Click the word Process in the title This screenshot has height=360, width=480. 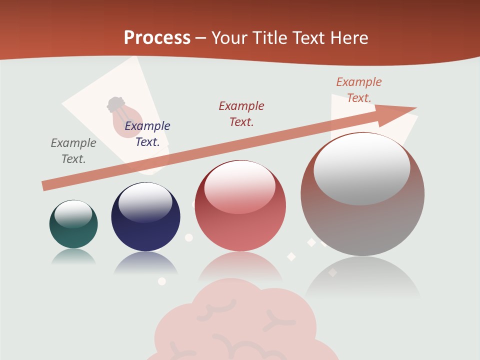pyautogui.click(x=157, y=37)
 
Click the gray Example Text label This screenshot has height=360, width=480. pyautogui.click(x=73, y=151)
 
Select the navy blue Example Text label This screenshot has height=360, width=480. pyautogui.click(x=147, y=134)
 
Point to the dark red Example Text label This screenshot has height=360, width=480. pyautogui.click(x=241, y=113)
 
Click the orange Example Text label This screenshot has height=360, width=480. pyautogui.click(x=359, y=90)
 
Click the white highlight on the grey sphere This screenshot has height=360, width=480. pyautogui.click(x=361, y=169)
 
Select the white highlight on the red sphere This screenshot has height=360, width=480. pyautogui.click(x=239, y=187)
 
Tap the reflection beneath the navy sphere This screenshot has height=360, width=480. pyautogui.click(x=145, y=262)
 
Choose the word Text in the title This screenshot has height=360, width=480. pyautogui.click(x=307, y=37)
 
